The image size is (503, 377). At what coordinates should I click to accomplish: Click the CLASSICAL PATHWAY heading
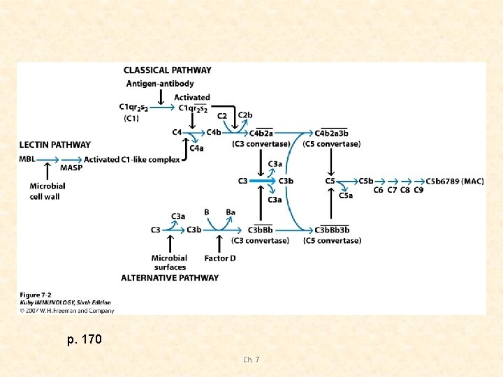click(x=167, y=70)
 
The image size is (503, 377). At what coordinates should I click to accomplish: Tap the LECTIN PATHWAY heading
click(x=55, y=145)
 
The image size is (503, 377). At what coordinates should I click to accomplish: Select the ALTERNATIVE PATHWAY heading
click(x=170, y=278)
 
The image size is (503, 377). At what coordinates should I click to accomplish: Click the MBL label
click(x=28, y=159)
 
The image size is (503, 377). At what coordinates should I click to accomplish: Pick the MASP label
click(x=71, y=168)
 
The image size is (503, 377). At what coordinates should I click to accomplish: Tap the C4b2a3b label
click(x=332, y=133)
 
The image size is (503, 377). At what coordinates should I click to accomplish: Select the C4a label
click(x=197, y=148)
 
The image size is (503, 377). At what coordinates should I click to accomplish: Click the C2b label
click(x=245, y=115)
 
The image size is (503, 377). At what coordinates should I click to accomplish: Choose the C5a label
click(x=346, y=195)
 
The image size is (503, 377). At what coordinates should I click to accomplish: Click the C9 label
click(x=418, y=190)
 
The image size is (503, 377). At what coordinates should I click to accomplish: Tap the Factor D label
click(x=220, y=258)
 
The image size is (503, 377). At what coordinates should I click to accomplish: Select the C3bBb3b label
click(x=332, y=230)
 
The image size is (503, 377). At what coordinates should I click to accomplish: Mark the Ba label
click(x=231, y=212)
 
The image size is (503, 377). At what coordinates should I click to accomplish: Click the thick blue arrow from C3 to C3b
click(x=262, y=182)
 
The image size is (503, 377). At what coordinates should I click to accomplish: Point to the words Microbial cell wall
click(x=48, y=191)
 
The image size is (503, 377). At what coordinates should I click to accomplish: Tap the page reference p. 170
click(x=85, y=340)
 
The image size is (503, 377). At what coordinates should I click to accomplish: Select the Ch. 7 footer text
click(x=251, y=360)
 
